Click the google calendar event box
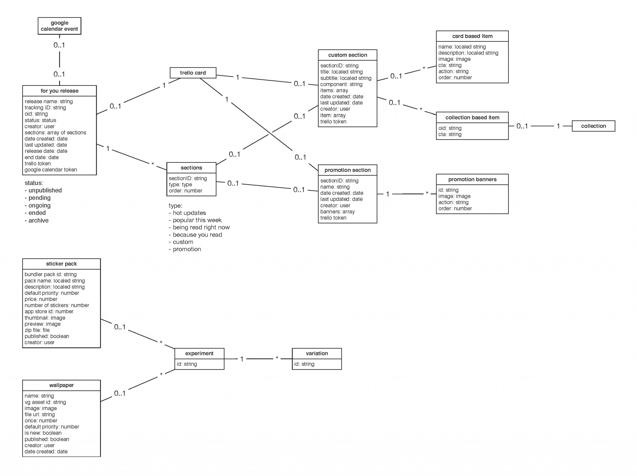coord(59,26)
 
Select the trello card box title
coord(193,73)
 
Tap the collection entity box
coord(593,126)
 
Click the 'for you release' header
coord(59,91)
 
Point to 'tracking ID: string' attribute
coord(45,108)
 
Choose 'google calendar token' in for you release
coord(51,170)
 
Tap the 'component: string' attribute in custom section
coord(341,84)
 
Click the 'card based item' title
coord(472,36)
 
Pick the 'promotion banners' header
coord(472,179)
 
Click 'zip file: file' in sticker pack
coord(37,330)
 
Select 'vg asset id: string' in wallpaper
coord(45,402)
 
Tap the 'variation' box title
coord(317,353)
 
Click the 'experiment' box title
coord(199,353)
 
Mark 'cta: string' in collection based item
coord(450,134)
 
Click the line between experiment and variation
coord(259,359)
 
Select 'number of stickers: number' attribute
coord(57,305)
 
